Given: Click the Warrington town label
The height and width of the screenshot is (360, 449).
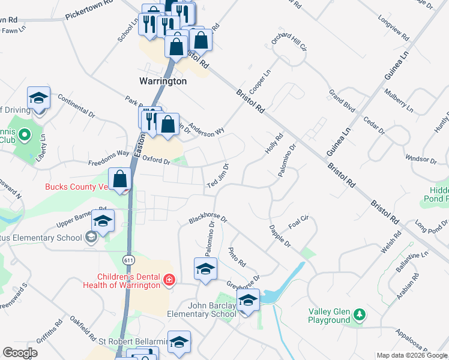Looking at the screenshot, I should coord(163,81).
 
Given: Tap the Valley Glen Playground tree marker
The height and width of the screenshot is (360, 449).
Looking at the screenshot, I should coord(360,314).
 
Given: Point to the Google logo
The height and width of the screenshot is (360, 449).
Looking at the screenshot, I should coord(20,353).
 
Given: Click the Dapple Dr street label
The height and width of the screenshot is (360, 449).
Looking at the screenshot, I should coord(279,236).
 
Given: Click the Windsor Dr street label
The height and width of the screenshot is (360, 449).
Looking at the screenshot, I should coord(421,159).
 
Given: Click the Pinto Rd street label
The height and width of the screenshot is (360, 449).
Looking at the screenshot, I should coord(237,256).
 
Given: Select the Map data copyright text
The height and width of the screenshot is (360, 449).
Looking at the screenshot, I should coord(412,355).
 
